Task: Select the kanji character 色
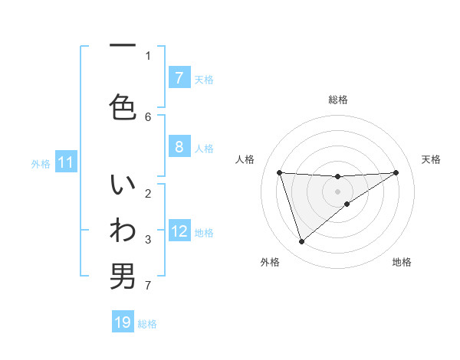122,106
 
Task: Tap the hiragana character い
122,187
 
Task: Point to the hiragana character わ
122,231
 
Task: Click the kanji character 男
122,276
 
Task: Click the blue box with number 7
179,78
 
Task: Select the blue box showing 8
179,147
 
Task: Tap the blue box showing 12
179,231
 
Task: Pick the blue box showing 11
66,162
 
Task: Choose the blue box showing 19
123,322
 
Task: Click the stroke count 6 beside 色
148,116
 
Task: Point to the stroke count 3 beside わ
148,240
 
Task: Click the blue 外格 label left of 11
41,163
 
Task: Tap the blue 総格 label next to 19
147,323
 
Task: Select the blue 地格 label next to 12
204,232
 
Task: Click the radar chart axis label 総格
338,100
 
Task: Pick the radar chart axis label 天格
431,159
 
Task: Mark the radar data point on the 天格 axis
396,172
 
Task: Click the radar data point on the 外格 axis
301,242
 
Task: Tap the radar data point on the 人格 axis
279,172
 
